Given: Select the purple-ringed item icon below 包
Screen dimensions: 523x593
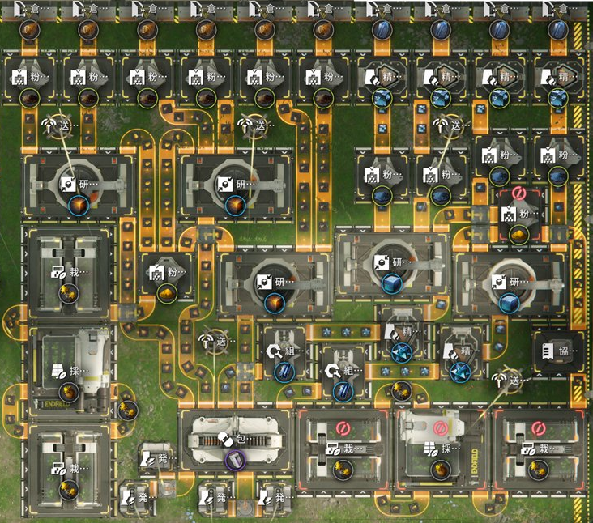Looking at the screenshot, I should click(233, 460).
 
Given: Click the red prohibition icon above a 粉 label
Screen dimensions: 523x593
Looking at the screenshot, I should click(518, 195).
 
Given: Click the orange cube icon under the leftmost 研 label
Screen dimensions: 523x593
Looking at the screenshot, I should click(79, 206).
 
